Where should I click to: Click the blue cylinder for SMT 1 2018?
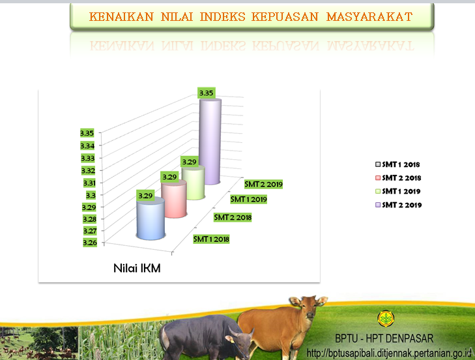click(151, 218)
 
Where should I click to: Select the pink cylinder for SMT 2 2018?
click(173, 199)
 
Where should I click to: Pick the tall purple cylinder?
click(210, 142)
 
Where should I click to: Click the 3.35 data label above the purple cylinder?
click(207, 93)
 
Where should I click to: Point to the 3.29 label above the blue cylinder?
click(145, 196)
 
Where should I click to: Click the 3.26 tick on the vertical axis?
click(90, 243)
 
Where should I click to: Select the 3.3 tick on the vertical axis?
click(91, 195)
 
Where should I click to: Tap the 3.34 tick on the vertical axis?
click(87, 146)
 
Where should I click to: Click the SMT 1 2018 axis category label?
click(211, 239)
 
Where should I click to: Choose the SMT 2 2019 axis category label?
click(263, 184)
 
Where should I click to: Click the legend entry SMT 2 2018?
click(398, 178)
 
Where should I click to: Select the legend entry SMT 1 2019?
click(397, 191)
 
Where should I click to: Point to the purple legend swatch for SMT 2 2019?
click(378, 205)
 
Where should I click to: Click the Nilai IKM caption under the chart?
click(137, 268)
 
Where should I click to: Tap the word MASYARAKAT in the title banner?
click(369, 17)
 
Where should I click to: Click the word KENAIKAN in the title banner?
click(121, 17)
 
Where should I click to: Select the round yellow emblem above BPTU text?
click(386, 318)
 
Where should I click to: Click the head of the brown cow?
click(308, 307)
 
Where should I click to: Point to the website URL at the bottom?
click(390, 353)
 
